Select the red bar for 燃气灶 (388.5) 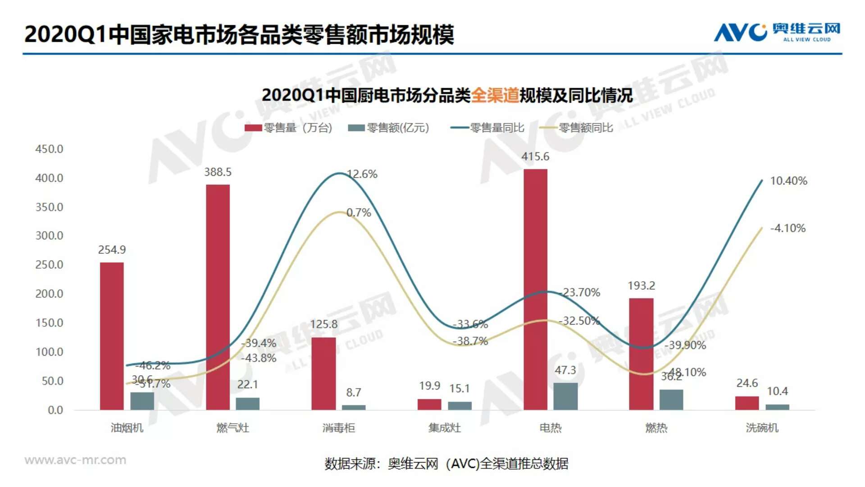click(218, 297)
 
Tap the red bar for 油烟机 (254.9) click(112, 336)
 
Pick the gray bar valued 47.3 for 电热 click(565, 396)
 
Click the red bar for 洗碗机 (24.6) click(747, 403)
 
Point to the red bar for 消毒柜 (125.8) click(323, 373)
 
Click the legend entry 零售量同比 click(488, 128)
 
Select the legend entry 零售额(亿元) click(389, 128)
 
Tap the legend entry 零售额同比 click(579, 128)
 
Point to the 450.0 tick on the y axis click(49, 149)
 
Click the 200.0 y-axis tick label click(49, 294)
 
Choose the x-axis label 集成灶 click(444, 427)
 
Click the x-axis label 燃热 click(656, 427)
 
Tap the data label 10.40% click(788, 181)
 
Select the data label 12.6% click(363, 174)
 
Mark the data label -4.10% click(788, 228)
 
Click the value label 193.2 click(641, 285)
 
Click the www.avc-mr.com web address click(75, 460)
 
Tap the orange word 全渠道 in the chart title click(495, 95)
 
